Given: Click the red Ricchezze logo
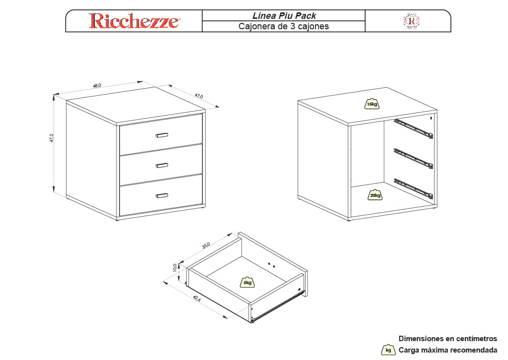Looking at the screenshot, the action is (x=134, y=21).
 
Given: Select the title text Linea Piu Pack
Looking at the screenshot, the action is (x=284, y=15).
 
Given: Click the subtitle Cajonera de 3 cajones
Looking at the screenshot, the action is (x=283, y=26).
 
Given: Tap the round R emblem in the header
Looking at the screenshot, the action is (x=411, y=21).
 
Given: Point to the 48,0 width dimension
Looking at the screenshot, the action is (x=97, y=85).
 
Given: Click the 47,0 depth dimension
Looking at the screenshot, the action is (x=199, y=96).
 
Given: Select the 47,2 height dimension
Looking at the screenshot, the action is (x=52, y=137).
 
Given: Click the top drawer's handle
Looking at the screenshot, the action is (x=162, y=135).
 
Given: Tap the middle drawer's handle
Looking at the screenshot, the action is (x=162, y=166).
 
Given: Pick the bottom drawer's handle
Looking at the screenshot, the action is (x=162, y=195).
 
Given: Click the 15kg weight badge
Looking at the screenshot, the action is (x=372, y=104).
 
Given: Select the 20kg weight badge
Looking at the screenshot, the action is (x=375, y=195).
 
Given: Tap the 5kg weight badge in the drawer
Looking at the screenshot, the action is (x=247, y=282).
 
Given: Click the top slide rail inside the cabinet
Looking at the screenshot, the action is (x=413, y=129).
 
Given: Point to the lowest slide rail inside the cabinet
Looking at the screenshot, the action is (x=413, y=188).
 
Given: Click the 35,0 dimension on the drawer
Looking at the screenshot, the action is (x=206, y=246).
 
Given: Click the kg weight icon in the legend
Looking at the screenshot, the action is (x=388, y=350).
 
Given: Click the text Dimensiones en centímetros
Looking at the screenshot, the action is (x=448, y=339).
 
